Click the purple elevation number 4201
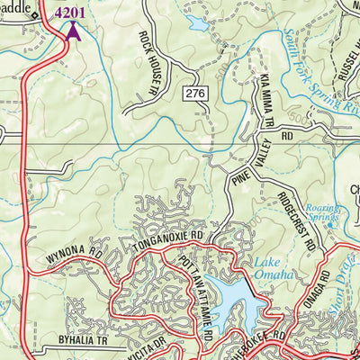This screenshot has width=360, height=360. click(x=72, y=13)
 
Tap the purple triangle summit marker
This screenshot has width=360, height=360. click(x=72, y=31)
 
